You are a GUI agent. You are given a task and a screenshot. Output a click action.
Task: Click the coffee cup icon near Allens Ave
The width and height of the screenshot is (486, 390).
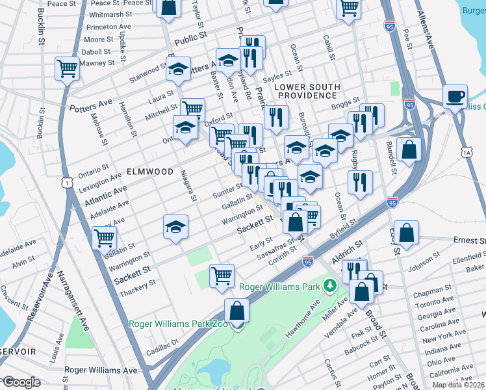[455, 96]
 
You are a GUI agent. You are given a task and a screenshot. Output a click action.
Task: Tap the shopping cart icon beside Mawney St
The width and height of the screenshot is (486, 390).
[67, 68]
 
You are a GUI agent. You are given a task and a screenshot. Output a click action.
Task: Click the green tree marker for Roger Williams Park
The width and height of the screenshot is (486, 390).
[330, 285]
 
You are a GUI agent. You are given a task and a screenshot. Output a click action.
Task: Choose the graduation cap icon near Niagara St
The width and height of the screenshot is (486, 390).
[175, 227]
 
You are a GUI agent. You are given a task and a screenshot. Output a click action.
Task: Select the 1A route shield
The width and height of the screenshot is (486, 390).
[467, 151]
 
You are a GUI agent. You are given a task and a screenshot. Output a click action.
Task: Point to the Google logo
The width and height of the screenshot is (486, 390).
[22, 382]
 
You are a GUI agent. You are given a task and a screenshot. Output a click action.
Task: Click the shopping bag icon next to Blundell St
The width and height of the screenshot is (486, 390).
[409, 149]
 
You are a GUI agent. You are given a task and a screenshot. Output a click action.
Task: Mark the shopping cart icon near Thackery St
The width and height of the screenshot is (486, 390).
[222, 275]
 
